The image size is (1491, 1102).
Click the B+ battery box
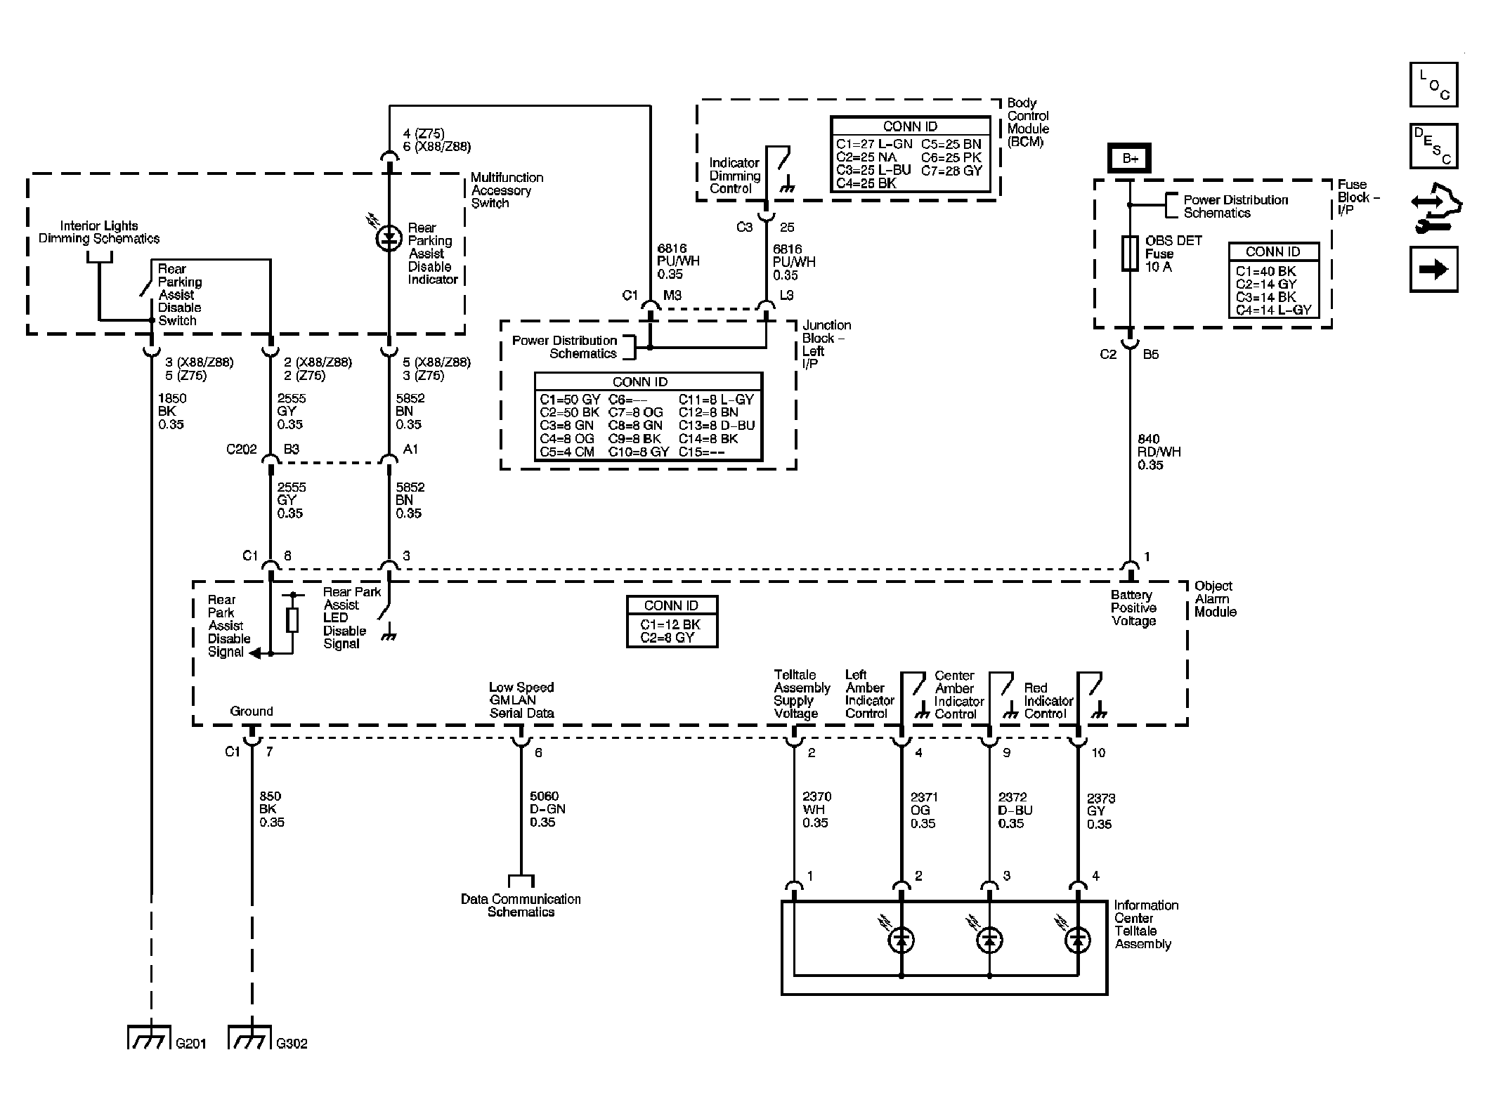(x=1129, y=158)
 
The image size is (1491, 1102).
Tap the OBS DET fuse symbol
(x=1129, y=254)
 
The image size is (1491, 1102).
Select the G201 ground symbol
(x=150, y=1038)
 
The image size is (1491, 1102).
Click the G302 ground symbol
(x=250, y=1038)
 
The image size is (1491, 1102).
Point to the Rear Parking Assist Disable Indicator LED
(x=389, y=239)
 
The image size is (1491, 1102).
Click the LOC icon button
(x=1433, y=85)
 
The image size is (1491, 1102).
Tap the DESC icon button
(x=1433, y=146)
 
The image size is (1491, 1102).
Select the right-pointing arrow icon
(x=1433, y=269)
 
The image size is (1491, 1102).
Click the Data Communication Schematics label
(x=521, y=905)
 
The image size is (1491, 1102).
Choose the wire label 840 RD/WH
(x=1159, y=452)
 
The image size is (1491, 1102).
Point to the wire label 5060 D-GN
(x=547, y=809)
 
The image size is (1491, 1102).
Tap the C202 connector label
(x=241, y=450)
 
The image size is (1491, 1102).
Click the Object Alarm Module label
(x=1215, y=598)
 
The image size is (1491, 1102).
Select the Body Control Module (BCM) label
(x=1028, y=122)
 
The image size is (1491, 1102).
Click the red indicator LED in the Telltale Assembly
(x=1078, y=940)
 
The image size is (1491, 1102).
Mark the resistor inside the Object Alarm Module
(x=293, y=620)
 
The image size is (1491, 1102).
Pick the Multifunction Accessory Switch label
(x=506, y=190)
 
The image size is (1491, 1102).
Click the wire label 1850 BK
(x=171, y=411)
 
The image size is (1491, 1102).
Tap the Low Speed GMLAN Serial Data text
(x=521, y=700)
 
